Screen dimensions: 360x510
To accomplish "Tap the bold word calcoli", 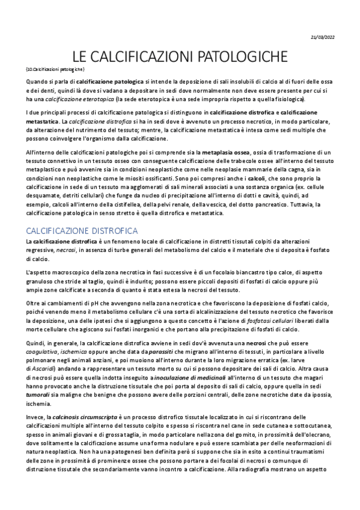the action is (x=257, y=179).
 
